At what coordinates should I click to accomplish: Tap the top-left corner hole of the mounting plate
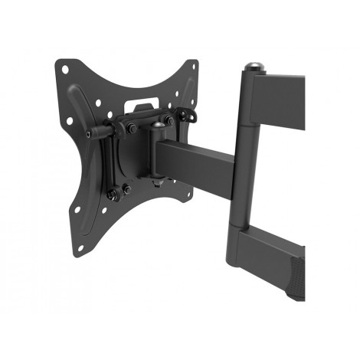67,70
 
